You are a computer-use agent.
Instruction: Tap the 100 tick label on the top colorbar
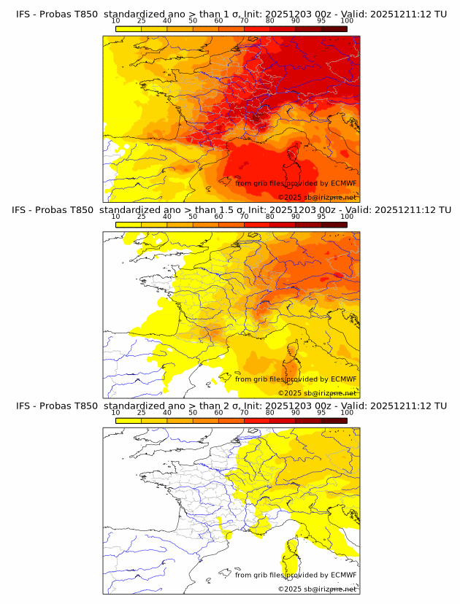tap(347, 21)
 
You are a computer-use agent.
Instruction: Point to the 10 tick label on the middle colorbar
tap(116, 217)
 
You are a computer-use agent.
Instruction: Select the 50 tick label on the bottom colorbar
tap(193, 412)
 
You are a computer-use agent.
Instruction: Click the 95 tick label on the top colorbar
tap(321, 21)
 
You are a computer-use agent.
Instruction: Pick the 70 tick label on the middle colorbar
tap(244, 217)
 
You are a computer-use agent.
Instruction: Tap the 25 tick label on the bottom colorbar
tap(142, 412)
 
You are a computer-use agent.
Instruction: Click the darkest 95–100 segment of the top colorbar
tap(334, 28)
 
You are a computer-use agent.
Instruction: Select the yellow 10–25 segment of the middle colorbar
tap(129, 225)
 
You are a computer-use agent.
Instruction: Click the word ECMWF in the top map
tap(343, 183)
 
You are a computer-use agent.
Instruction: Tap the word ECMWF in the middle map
tap(343, 379)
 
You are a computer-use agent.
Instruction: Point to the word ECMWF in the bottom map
tap(343, 575)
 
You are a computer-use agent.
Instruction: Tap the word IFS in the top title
tap(23, 14)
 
